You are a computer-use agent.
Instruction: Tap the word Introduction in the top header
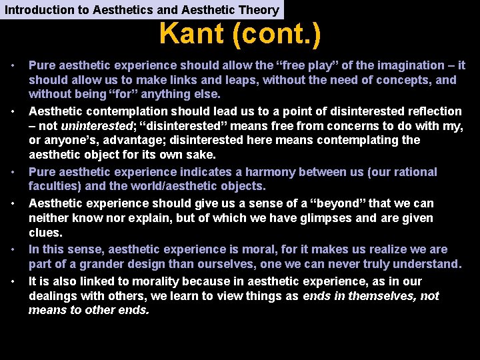37,9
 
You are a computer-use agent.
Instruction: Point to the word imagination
386,65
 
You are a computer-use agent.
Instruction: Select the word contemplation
119,111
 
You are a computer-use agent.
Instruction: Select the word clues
45,233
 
